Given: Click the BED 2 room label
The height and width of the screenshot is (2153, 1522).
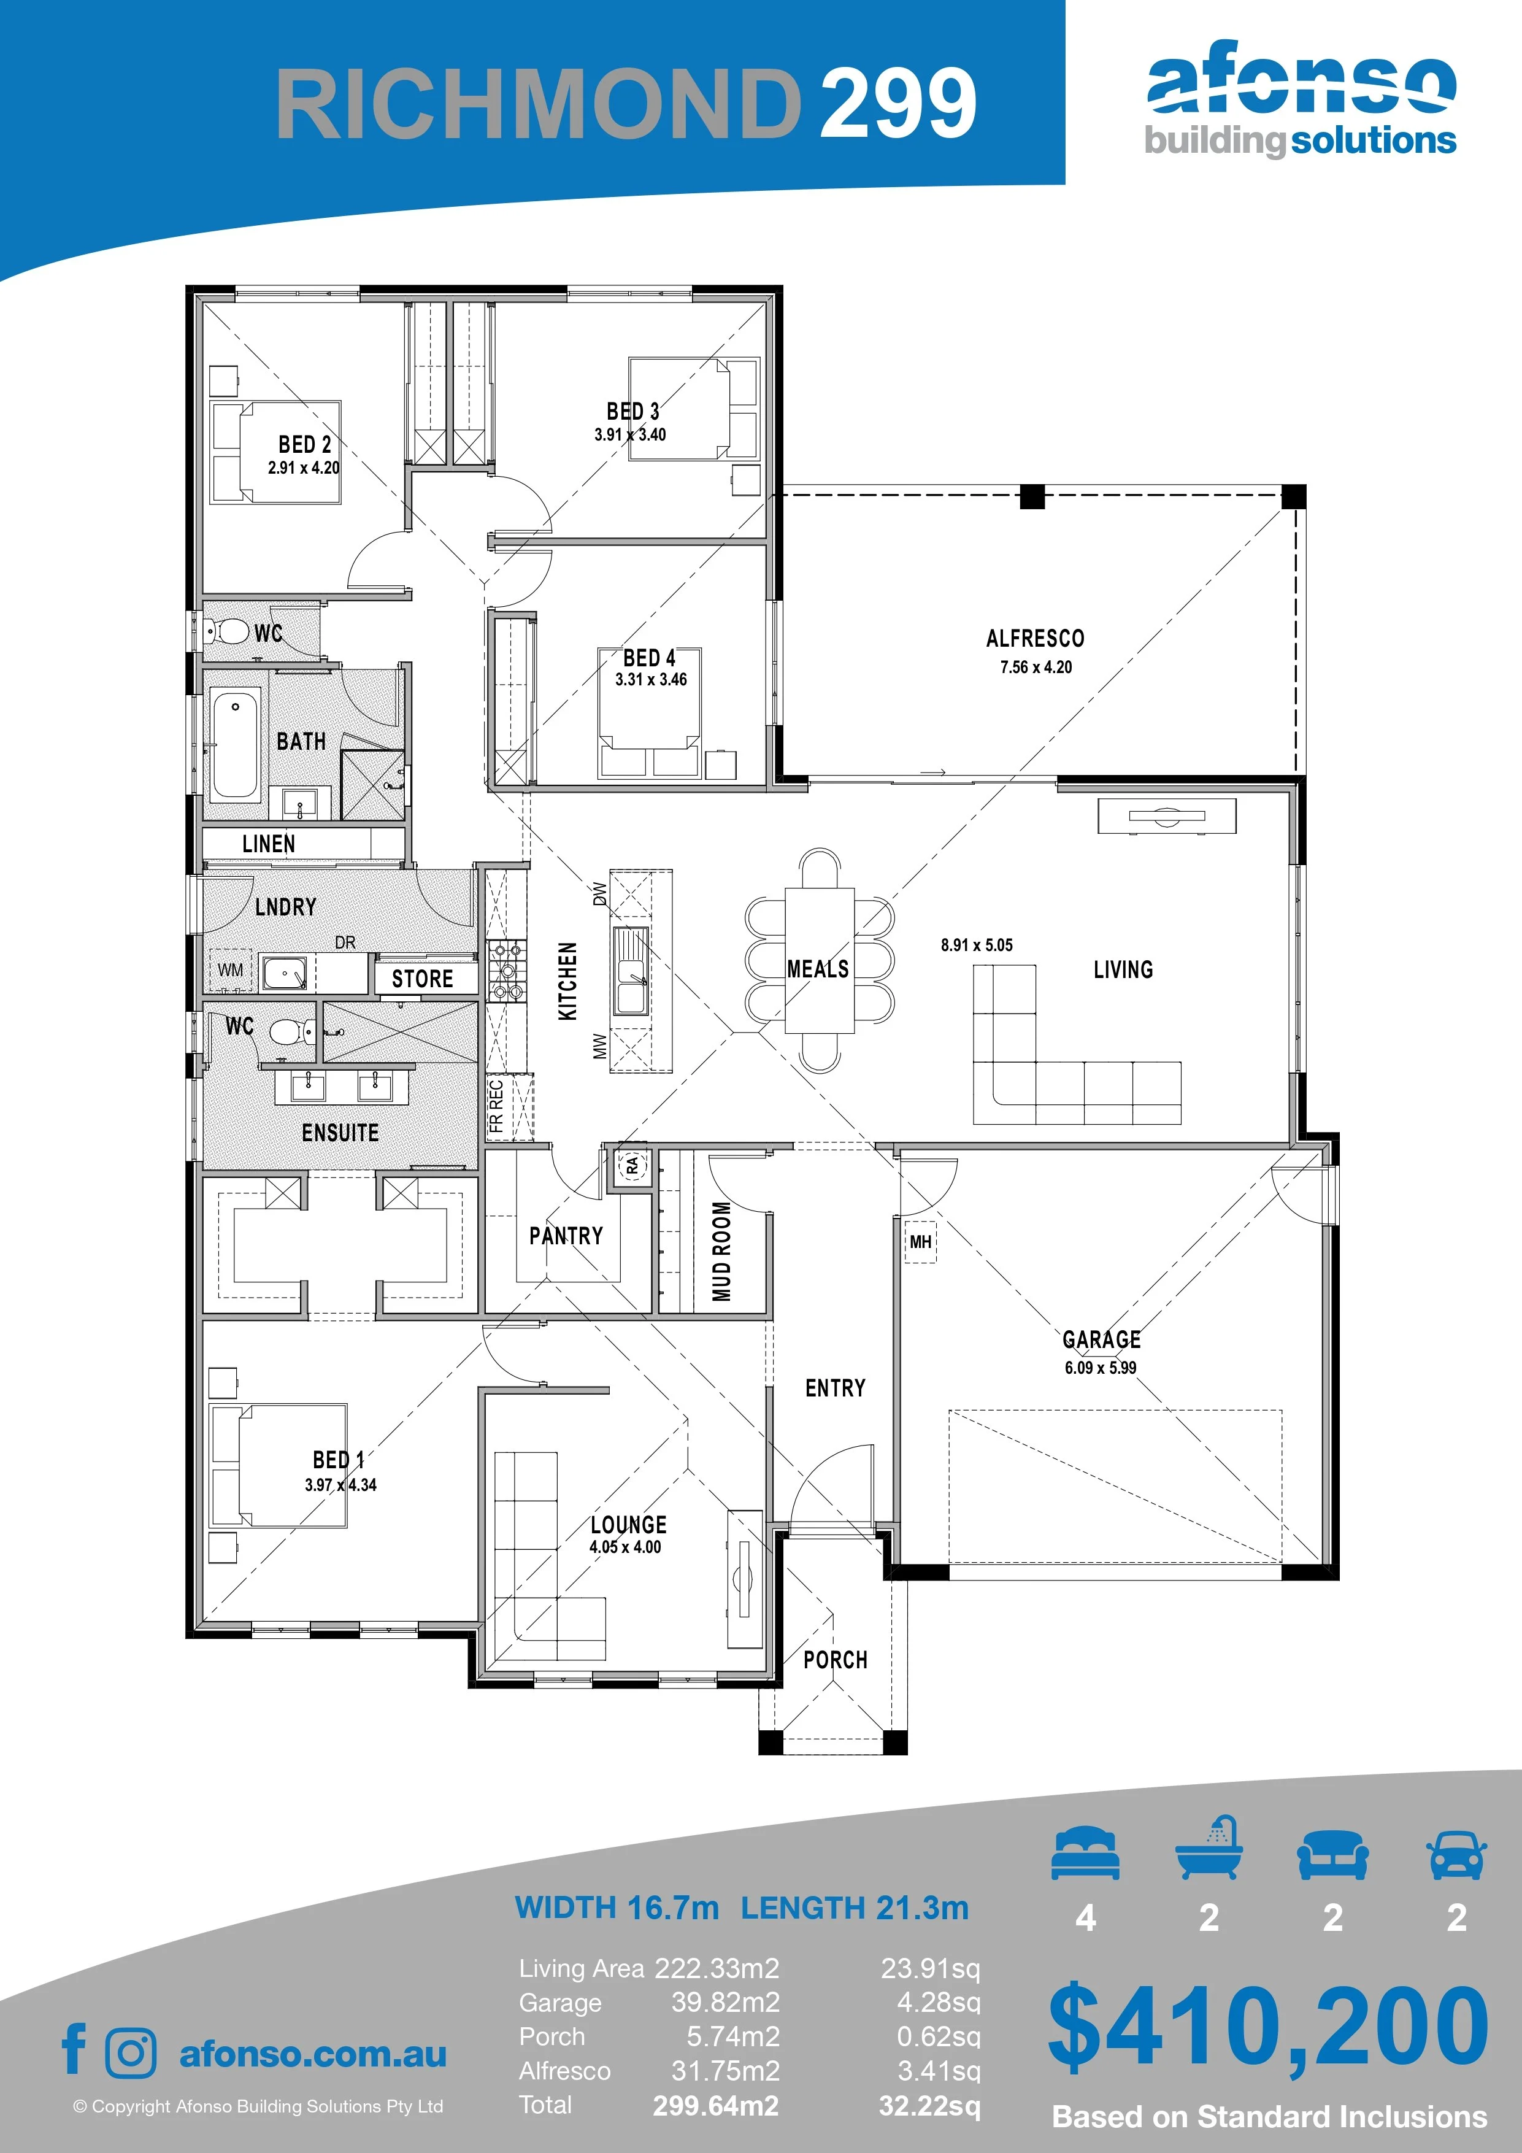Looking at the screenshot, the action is [x=305, y=444].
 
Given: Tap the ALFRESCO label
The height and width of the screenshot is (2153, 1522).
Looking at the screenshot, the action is [x=1036, y=639].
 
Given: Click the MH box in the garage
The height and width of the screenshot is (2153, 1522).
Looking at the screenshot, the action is [x=920, y=1241].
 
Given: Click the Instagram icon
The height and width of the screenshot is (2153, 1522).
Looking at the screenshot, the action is [x=131, y=2052].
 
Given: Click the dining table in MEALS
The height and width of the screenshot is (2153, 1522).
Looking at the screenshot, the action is [x=820, y=959].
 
